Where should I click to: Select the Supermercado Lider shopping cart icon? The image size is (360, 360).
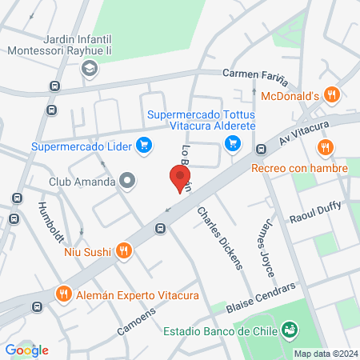click(143, 145)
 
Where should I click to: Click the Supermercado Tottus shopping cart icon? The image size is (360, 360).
click(233, 143)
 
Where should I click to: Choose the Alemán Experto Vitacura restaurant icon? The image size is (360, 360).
click(64, 294)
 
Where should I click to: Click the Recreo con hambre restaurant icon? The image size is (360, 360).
click(324, 147)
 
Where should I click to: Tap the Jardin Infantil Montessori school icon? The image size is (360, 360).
click(86, 70)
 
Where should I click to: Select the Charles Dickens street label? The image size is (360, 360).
click(220, 238)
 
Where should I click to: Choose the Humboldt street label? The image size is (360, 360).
click(50, 222)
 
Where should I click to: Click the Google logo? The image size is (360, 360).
click(26, 350)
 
